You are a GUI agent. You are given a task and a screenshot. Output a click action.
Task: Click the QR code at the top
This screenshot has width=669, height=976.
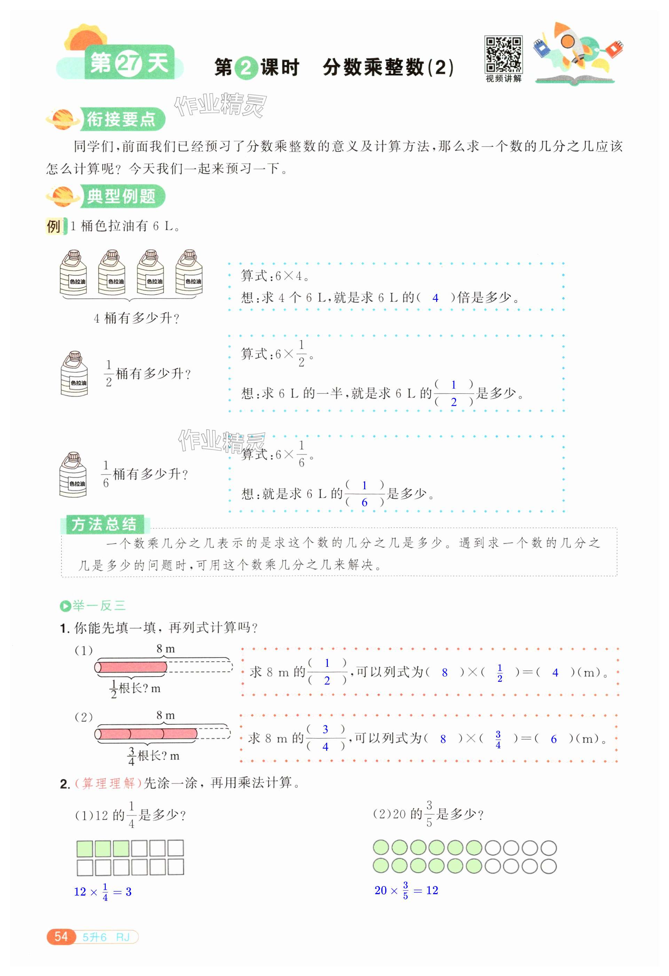point(503,55)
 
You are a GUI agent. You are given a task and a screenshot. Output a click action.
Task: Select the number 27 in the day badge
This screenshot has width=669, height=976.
point(129,64)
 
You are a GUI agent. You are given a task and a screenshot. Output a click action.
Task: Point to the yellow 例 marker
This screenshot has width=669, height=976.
point(54,226)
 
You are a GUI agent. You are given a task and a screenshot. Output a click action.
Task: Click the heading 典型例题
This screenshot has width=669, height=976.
point(121,196)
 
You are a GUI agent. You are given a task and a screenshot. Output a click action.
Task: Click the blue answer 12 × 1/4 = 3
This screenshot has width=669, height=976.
point(103,892)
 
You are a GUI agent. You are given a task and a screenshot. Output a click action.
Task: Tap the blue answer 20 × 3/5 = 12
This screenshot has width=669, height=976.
point(406,890)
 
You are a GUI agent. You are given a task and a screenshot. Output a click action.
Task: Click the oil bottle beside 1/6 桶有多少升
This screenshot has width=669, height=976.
point(73,475)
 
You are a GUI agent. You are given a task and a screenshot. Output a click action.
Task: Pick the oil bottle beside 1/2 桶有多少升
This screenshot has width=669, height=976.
point(74,374)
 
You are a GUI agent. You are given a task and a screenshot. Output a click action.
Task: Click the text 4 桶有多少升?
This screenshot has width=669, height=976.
point(136,318)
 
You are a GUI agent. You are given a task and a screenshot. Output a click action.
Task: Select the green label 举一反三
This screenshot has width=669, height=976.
point(98,606)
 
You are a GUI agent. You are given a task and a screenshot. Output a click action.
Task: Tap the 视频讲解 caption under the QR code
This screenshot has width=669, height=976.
point(503,79)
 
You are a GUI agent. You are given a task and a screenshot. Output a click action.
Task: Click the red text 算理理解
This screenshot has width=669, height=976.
point(108,783)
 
